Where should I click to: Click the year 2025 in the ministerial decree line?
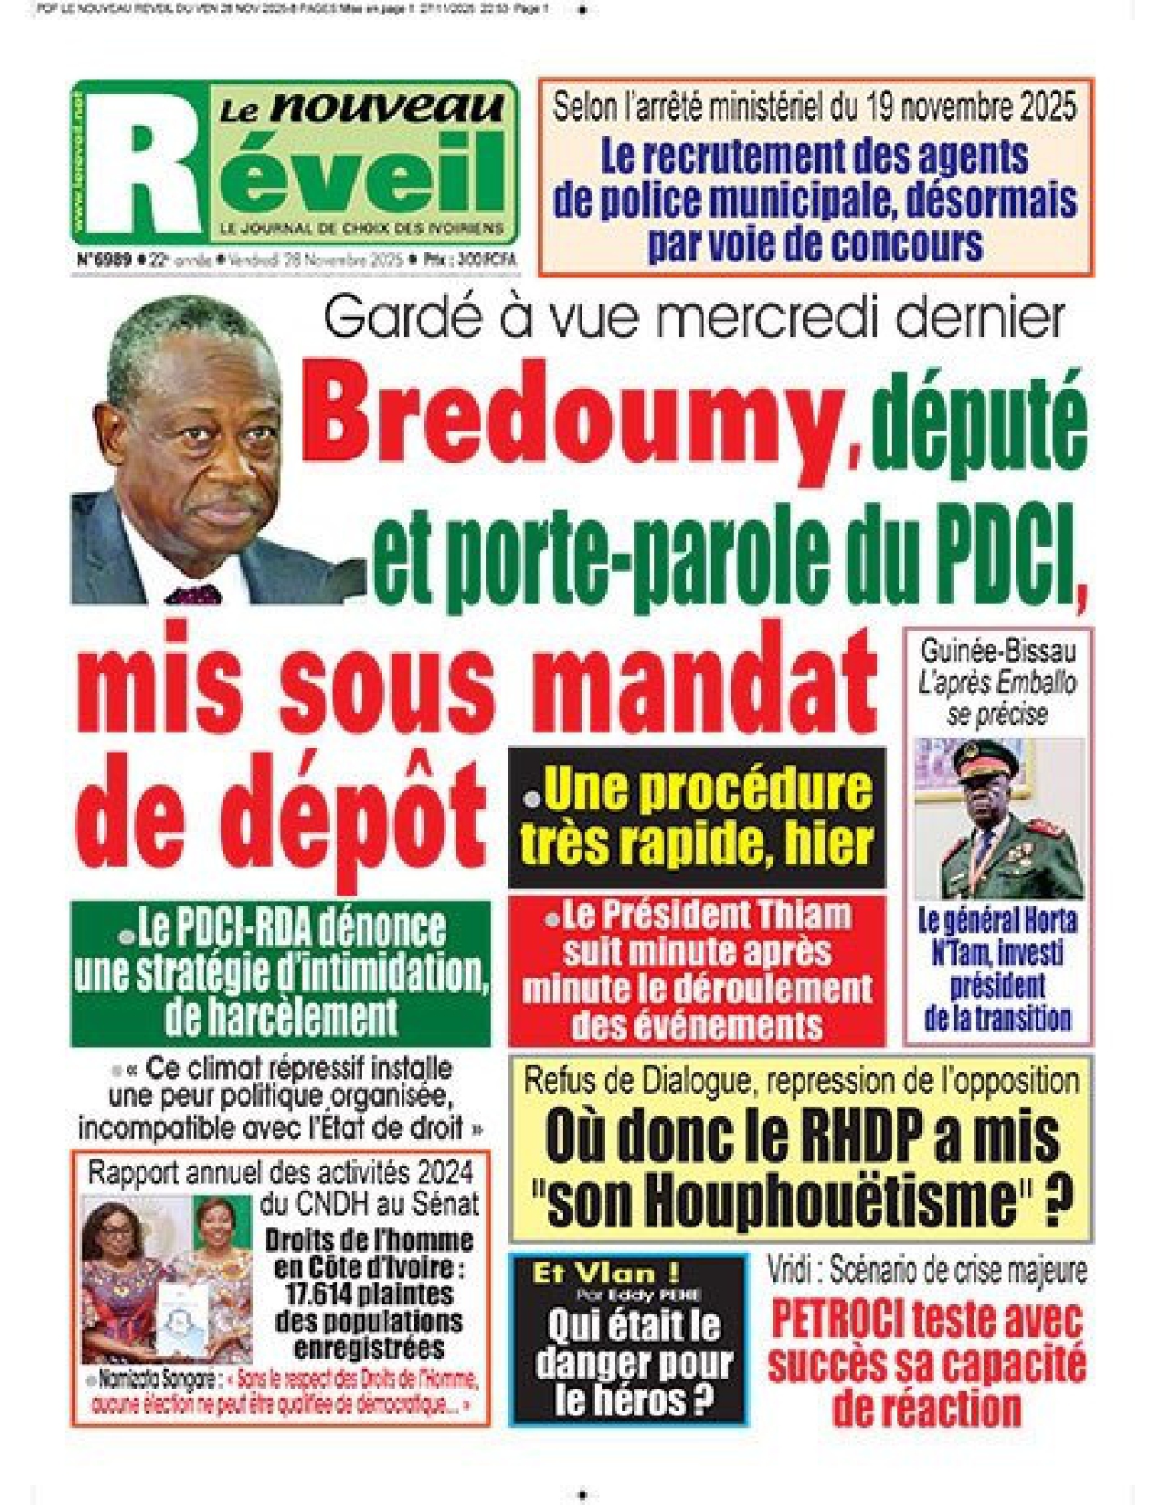pos(1042,107)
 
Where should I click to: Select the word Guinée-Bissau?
pos(998,651)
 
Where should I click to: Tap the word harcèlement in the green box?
pos(281,1016)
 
